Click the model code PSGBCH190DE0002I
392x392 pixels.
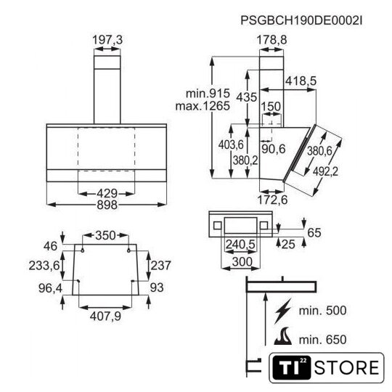(301, 20)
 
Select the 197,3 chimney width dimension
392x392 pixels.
(107, 40)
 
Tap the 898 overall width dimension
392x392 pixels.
(107, 205)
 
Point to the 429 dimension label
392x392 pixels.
(107, 194)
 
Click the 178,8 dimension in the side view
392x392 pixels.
(271, 40)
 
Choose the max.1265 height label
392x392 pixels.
(203, 106)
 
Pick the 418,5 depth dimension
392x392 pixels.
(301, 81)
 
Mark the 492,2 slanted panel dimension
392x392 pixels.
(325, 171)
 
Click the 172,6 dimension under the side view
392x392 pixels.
(272, 200)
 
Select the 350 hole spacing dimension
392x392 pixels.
(105, 235)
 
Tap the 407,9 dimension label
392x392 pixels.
(105, 317)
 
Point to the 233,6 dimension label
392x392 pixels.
(44, 265)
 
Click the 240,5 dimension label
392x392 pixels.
(240, 244)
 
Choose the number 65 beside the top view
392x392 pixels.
(314, 233)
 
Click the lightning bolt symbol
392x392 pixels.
(283, 311)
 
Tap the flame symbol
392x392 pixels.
(283, 336)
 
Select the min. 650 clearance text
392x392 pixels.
(322, 340)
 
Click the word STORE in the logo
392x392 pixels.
(347, 368)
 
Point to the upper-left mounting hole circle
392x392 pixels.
(82, 250)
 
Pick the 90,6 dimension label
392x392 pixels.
(274, 149)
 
